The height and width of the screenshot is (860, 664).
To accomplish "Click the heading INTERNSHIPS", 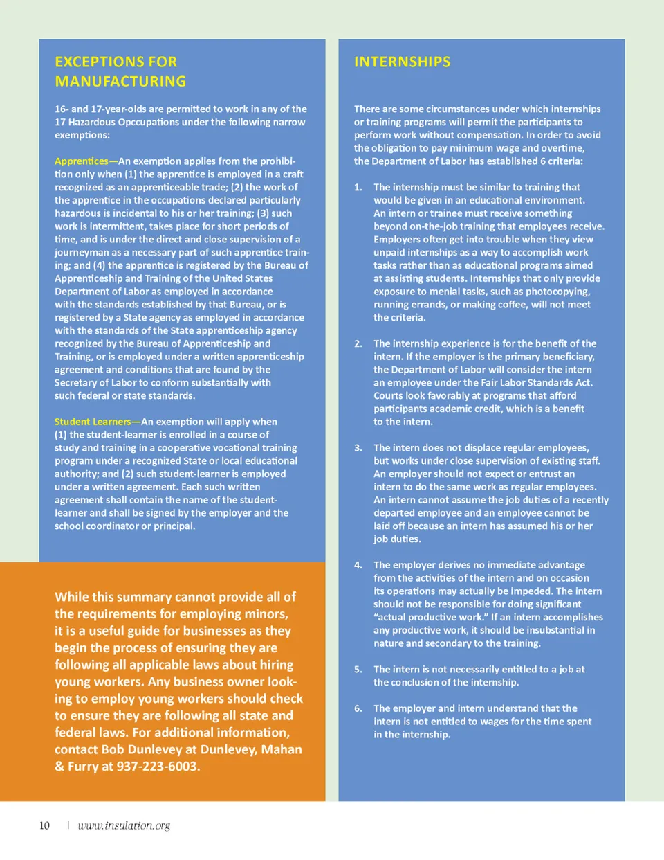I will pyautogui.click(x=402, y=62).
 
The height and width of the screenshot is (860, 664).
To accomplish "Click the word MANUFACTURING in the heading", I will pyautogui.click(x=120, y=82).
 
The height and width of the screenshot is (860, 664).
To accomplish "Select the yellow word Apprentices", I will pyautogui.click(x=82, y=161).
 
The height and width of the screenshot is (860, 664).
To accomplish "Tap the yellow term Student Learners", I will pyautogui.click(x=93, y=422).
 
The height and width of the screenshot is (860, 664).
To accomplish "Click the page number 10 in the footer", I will pyautogui.click(x=44, y=825).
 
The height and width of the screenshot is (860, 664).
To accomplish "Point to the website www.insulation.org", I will pyautogui.click(x=124, y=825).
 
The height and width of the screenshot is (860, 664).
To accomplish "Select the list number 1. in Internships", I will pyautogui.click(x=358, y=188).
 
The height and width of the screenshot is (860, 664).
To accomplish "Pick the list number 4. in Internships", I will pyautogui.click(x=358, y=565).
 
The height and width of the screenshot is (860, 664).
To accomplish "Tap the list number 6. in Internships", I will pyautogui.click(x=358, y=708).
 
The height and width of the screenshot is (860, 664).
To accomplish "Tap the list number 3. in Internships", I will pyautogui.click(x=358, y=448).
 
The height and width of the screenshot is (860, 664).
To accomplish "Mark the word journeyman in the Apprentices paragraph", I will pyautogui.click(x=81, y=253).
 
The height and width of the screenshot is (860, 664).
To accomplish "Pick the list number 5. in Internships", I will pyautogui.click(x=358, y=670).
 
